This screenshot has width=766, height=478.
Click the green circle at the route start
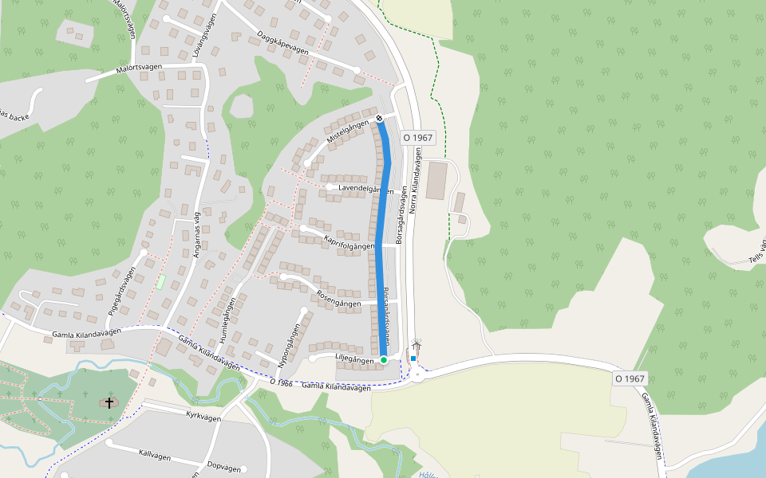(384, 360)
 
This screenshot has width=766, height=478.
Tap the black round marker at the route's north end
(379, 119)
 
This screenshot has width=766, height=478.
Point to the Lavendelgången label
(365, 190)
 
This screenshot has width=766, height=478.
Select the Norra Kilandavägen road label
(413, 185)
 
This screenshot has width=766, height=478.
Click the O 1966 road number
(282, 382)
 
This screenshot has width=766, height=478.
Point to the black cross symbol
(109, 403)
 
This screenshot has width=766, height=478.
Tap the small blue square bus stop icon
(413, 359)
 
